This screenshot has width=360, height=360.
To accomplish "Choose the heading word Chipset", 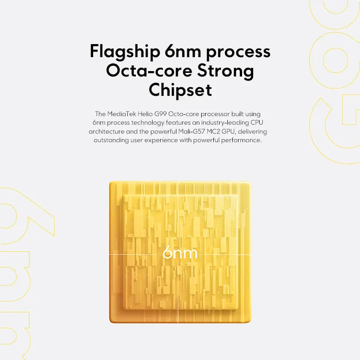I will click(x=180, y=90).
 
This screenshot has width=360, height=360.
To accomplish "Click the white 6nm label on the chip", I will click(x=180, y=252).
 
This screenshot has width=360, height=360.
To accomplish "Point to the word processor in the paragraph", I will click(x=219, y=114).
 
